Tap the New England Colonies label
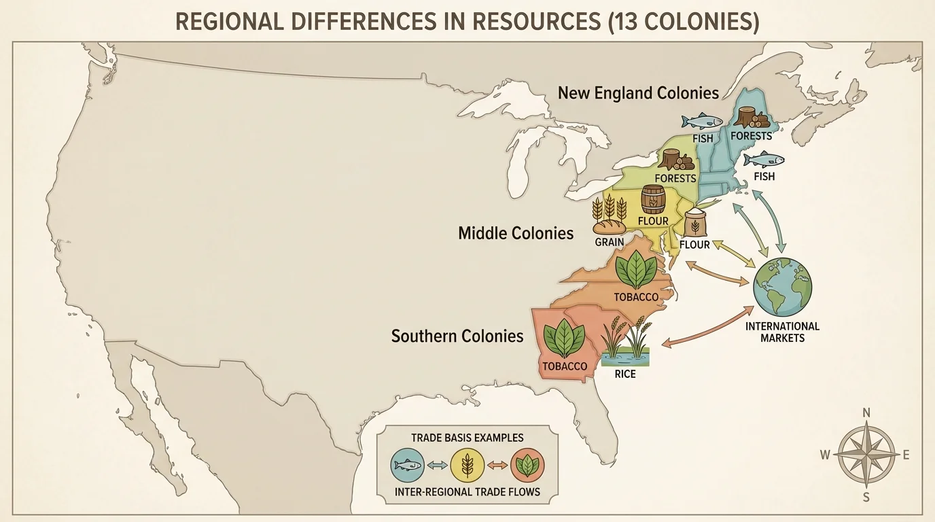(638, 92)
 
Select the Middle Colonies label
(516, 234)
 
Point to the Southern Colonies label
(457, 336)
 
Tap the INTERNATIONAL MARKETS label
(782, 332)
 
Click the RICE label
(624, 374)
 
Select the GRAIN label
(609, 241)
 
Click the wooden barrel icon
(653, 200)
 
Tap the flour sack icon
(695, 223)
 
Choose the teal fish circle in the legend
(408, 465)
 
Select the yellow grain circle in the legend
(467, 465)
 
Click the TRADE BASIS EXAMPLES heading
(467, 438)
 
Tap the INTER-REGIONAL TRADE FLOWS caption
(467, 491)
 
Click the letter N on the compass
(866, 413)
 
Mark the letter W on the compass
(825, 455)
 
